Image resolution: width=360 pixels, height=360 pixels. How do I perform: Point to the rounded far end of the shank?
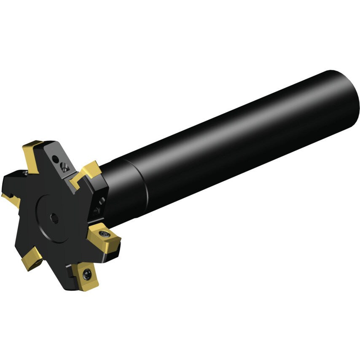(x=353, y=105)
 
